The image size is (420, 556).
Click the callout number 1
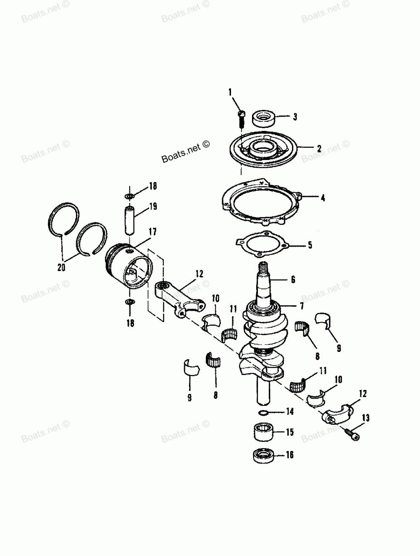(230, 92)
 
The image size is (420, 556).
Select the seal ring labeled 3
(263, 118)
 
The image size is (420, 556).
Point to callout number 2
(319, 148)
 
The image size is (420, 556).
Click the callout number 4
(323, 198)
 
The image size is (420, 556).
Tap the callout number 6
(293, 279)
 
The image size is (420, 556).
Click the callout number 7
(302, 306)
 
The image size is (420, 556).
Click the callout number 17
(152, 232)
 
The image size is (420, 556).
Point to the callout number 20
(62, 267)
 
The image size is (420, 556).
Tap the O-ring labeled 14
(263, 413)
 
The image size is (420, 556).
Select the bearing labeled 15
(263, 432)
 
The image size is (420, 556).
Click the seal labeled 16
(263, 456)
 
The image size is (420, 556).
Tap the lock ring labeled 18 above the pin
(129, 196)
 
